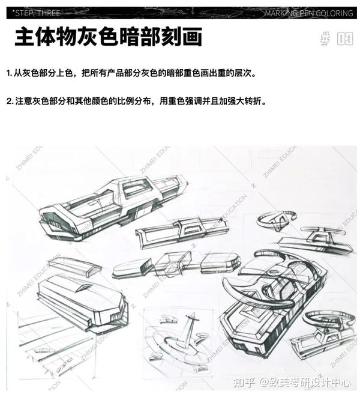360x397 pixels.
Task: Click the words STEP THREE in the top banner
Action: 37,13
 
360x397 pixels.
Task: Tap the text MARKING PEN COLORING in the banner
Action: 308,13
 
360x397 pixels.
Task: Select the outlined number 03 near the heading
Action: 345,39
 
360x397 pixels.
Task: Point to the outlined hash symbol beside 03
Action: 326,38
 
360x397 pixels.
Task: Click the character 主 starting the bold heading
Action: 25,37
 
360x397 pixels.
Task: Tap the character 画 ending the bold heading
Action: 192,37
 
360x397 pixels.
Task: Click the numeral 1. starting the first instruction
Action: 9,73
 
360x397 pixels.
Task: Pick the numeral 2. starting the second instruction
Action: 10,102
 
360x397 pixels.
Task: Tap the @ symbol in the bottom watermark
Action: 263,383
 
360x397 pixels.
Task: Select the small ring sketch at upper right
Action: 277,220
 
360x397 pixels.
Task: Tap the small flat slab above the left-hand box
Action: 75,267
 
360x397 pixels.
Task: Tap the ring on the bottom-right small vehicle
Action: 327,320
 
